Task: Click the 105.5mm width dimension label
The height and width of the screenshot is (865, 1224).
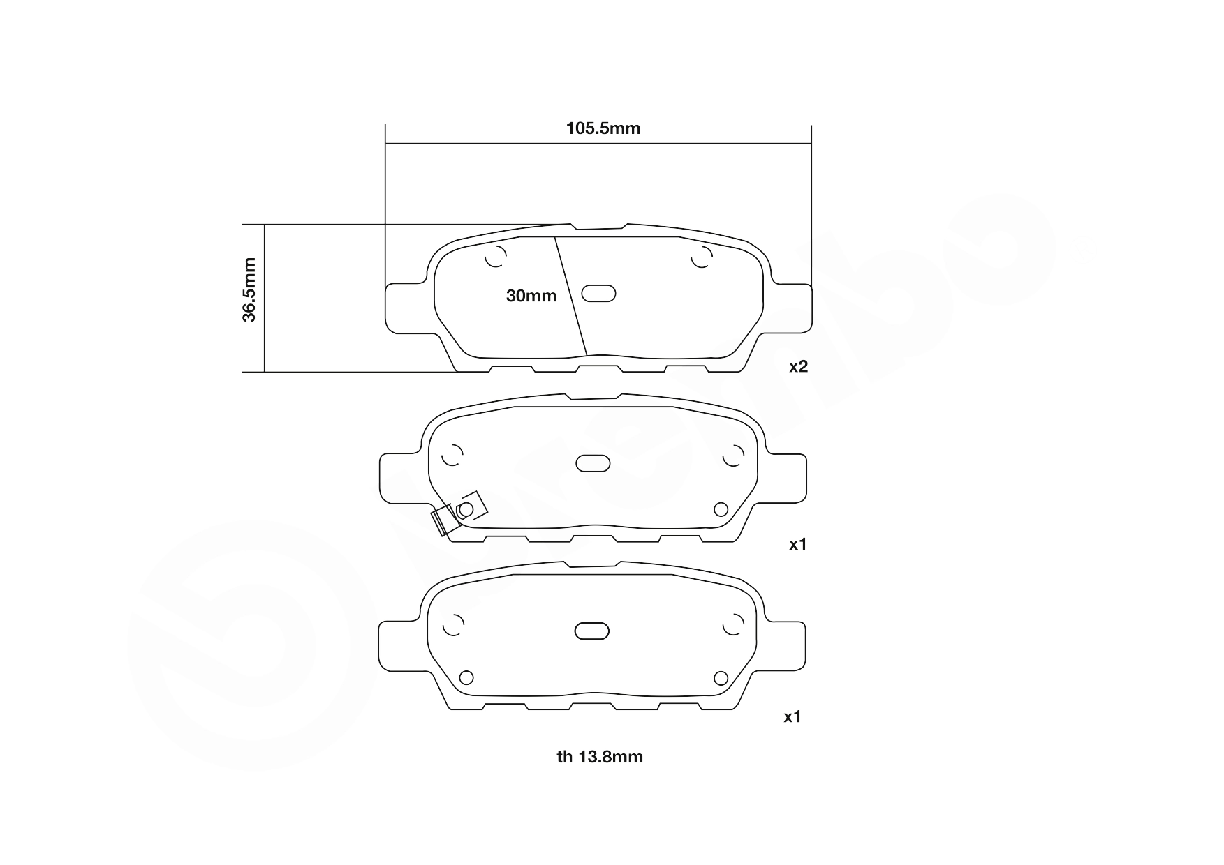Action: (x=603, y=128)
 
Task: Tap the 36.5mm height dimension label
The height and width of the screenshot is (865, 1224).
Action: (x=249, y=289)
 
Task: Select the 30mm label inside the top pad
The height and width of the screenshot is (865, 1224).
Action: (x=531, y=296)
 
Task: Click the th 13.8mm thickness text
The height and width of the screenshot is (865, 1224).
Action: (x=600, y=757)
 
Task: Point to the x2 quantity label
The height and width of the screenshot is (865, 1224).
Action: (x=798, y=366)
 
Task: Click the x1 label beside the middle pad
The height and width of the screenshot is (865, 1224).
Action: (x=797, y=544)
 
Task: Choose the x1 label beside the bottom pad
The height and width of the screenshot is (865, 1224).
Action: (x=792, y=716)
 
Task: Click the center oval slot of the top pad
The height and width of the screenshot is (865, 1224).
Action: (x=598, y=294)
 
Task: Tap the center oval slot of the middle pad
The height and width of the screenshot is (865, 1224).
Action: (x=593, y=463)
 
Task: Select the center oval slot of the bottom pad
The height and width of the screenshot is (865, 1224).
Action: (x=592, y=631)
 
